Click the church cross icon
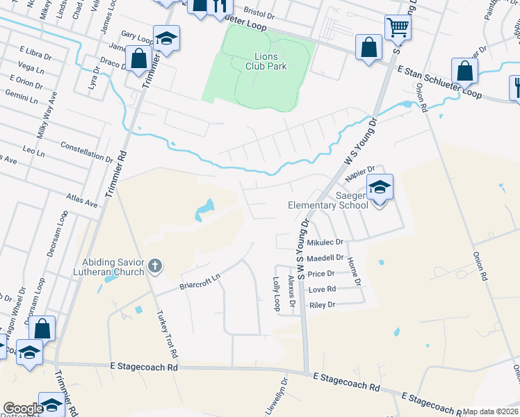click(154, 265)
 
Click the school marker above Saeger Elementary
click(380, 187)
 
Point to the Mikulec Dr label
click(325, 243)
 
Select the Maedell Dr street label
click(326, 258)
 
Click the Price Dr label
click(321, 274)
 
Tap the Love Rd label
click(322, 289)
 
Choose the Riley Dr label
click(322, 304)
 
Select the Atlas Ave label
click(83, 201)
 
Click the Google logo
click(24, 409)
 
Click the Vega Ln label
click(31, 67)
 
